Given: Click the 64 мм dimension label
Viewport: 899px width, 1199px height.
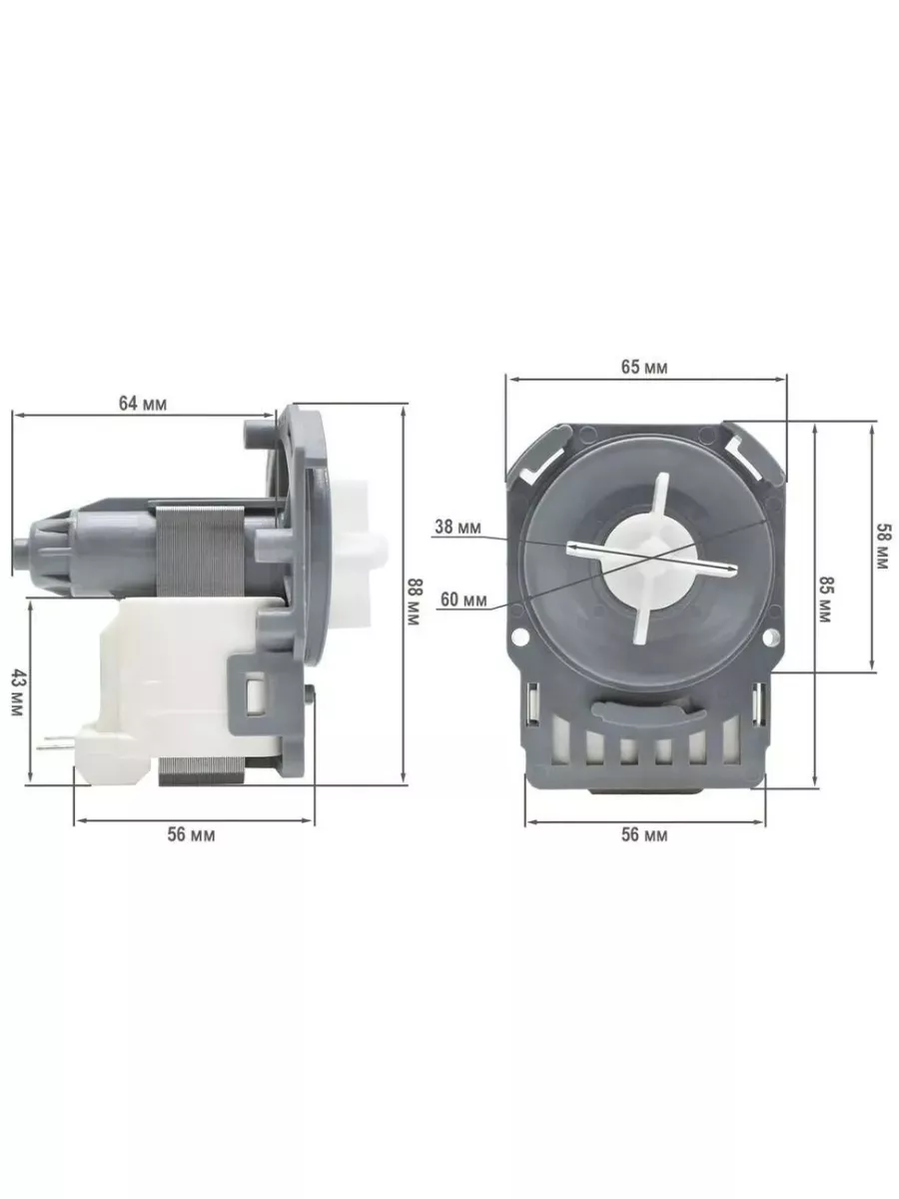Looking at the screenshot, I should click(x=143, y=404).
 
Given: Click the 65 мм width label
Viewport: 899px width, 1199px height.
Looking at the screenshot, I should click(x=644, y=367).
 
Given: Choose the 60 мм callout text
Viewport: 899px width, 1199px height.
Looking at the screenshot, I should click(x=462, y=599).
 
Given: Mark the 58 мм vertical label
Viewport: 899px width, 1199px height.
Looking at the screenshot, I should click(x=881, y=548).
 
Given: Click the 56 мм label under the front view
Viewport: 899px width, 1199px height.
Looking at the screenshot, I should click(x=644, y=835).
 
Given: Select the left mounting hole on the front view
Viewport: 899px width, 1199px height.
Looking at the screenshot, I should click(x=518, y=634).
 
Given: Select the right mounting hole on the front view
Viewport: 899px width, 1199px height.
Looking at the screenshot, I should click(x=769, y=635).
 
